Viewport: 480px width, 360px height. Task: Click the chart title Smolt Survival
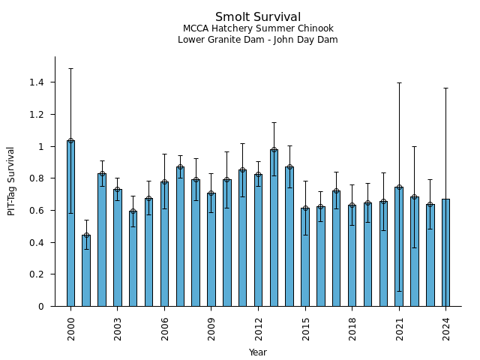258,17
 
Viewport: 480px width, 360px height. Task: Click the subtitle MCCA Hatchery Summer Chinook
258,28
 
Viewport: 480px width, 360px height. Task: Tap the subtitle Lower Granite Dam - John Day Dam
258,40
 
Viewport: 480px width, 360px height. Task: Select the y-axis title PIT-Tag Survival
11,181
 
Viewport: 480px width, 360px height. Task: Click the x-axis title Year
258,352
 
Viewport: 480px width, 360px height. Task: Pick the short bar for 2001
86,271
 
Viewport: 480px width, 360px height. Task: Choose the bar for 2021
399,247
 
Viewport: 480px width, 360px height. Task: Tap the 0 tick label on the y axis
41,306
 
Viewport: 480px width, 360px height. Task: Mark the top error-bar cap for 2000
70,68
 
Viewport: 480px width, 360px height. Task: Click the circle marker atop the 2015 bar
305,208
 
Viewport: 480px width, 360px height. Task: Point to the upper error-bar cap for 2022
415,146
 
